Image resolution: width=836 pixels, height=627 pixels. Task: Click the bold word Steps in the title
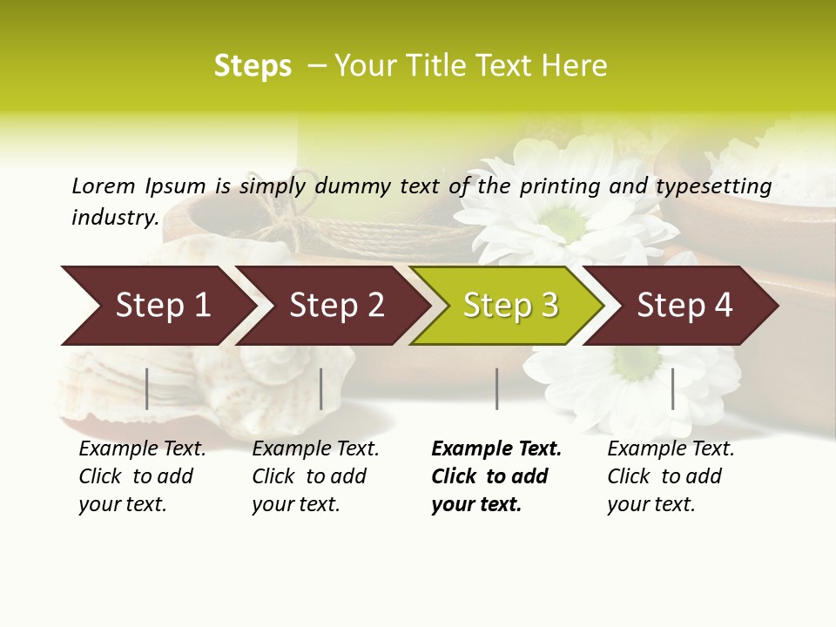point(253,66)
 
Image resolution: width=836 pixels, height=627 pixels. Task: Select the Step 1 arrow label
point(163,305)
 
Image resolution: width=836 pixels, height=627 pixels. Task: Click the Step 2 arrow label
point(336,305)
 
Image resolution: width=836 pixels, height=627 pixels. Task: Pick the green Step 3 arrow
point(510,305)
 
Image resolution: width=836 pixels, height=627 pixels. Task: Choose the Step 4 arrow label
point(684,305)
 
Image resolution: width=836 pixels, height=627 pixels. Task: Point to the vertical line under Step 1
point(147,388)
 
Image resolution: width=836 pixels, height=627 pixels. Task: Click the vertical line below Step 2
point(321,388)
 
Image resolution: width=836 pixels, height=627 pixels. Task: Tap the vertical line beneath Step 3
point(496,388)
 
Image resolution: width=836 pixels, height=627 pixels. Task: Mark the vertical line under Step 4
point(672,388)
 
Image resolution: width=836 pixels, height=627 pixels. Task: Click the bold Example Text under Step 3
point(496,449)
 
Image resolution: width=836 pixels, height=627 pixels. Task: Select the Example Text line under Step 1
point(142,449)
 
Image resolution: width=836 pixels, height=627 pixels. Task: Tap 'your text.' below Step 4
point(651,504)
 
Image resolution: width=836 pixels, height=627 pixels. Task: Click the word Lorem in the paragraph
point(104,186)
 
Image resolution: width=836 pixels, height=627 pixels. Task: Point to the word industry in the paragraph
point(114,218)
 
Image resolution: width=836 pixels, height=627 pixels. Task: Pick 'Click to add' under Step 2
point(309,476)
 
